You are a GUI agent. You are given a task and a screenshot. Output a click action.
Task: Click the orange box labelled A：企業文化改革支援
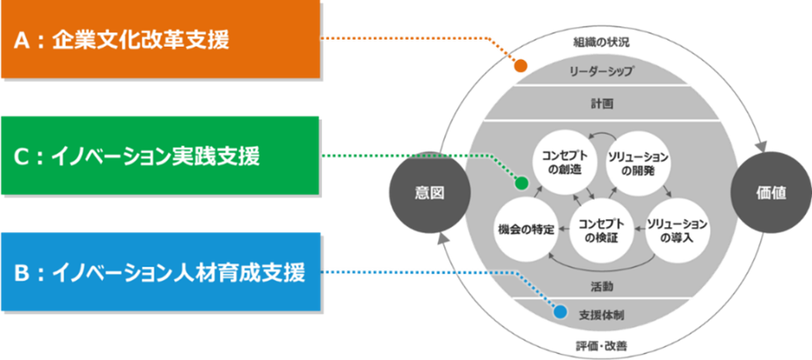160,39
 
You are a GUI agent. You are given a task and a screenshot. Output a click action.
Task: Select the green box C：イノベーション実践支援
160,155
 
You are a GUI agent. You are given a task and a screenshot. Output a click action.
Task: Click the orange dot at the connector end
521,66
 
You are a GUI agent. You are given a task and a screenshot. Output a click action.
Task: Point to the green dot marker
520,184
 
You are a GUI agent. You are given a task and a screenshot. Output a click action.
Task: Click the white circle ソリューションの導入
677,229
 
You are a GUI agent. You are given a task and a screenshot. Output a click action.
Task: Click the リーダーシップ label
602,70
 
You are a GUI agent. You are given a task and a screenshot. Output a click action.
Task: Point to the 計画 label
602,103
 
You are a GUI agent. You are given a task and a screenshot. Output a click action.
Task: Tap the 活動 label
602,286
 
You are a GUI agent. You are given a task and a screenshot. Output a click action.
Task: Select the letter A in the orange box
23,40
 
